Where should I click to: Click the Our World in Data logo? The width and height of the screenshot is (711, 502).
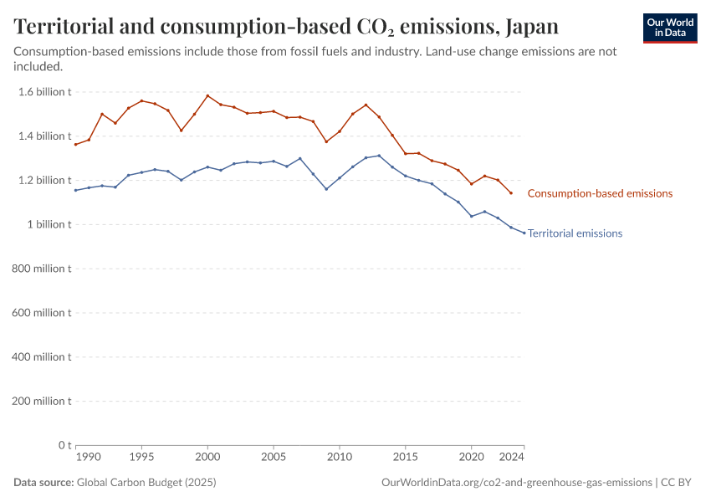coord(670,28)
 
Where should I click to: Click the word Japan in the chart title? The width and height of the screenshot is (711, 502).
coord(532,27)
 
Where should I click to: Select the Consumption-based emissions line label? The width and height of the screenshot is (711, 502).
coord(600,193)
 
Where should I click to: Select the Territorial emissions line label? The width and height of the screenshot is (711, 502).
coord(575,233)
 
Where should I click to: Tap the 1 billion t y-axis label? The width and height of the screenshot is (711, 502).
coord(49,224)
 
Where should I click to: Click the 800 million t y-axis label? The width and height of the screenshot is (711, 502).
coord(40,269)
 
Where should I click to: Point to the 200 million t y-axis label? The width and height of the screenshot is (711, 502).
coord(40,401)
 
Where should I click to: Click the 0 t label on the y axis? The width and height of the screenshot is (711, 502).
coord(63,445)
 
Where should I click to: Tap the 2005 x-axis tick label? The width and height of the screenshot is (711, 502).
coord(274,458)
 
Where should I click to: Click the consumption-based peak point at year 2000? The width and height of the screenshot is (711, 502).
coord(207,95)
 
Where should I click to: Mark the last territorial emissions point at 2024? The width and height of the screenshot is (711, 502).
coord(524,233)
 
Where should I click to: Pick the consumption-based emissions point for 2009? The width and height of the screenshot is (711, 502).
coord(326,141)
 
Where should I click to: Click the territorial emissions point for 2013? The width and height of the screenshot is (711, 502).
coord(379,156)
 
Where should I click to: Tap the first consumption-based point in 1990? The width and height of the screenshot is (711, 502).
coord(75,145)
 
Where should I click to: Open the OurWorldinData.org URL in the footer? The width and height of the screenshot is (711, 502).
coord(516,483)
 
